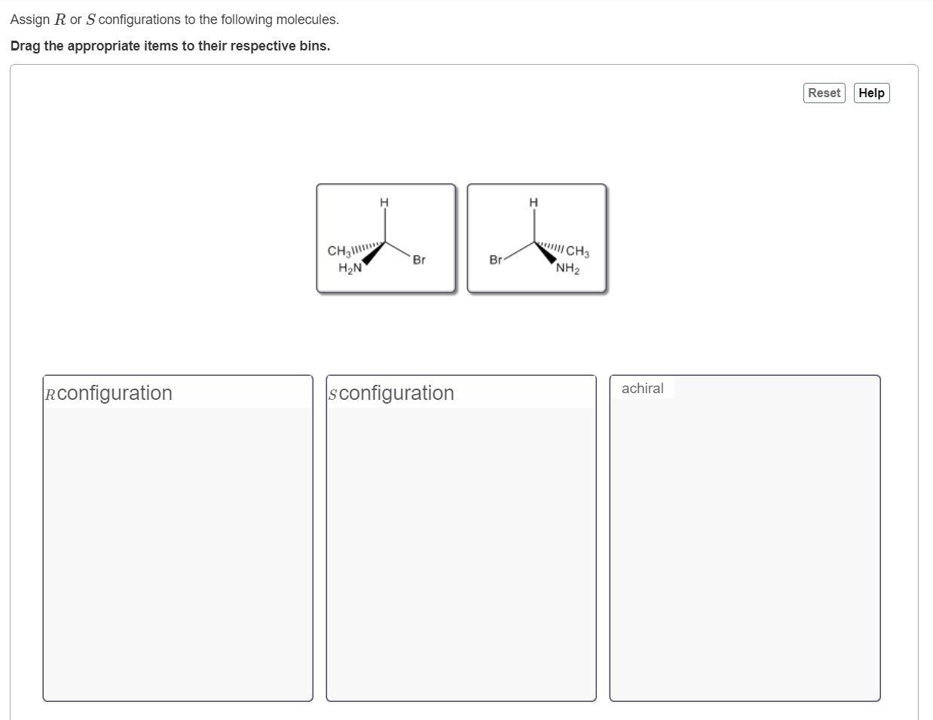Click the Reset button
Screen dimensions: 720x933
click(x=824, y=93)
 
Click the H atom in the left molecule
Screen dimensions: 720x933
click(x=384, y=202)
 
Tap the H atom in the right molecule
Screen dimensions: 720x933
click(x=534, y=202)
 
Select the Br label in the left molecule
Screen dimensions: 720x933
click(x=419, y=260)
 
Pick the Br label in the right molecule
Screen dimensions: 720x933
click(x=495, y=260)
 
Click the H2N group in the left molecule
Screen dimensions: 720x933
click(x=350, y=268)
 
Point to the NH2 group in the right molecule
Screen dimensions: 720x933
click(x=567, y=268)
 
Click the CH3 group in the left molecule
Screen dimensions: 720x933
click(x=338, y=251)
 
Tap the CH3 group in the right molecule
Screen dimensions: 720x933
click(x=578, y=251)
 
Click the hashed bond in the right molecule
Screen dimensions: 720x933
click(x=549, y=246)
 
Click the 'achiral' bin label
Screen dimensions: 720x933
click(x=642, y=389)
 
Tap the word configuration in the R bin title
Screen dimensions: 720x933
click(x=115, y=393)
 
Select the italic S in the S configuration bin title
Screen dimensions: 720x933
click(x=332, y=395)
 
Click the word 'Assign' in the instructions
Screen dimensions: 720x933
click(x=30, y=20)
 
